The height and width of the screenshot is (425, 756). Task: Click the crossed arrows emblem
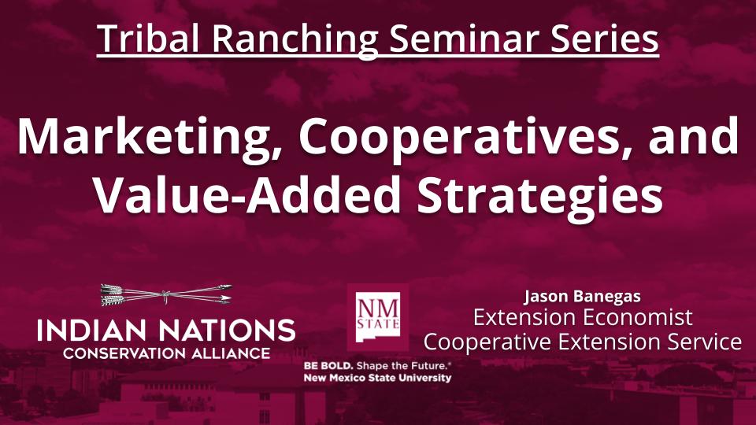(x=166, y=295)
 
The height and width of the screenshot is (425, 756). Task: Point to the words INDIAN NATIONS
(x=166, y=330)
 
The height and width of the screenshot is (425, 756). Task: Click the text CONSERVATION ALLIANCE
(x=166, y=353)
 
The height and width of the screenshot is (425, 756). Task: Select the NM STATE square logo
(x=378, y=317)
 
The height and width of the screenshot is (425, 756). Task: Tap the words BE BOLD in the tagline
(x=327, y=367)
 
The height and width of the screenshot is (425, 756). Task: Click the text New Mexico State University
(x=378, y=378)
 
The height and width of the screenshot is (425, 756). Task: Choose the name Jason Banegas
(x=582, y=297)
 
